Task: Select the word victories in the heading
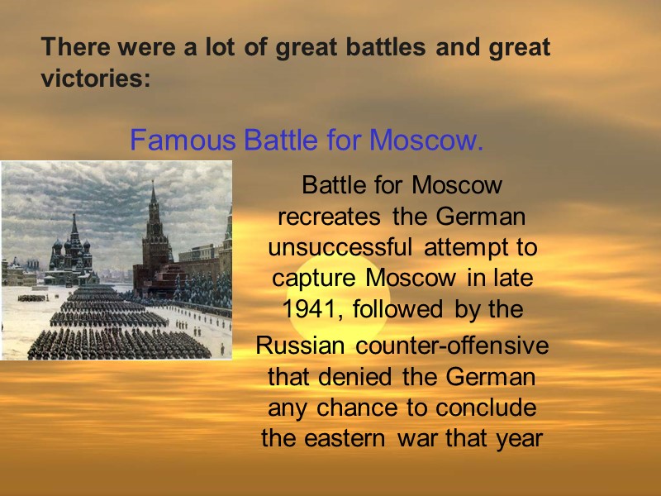click(93, 81)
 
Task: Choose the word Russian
click(292, 346)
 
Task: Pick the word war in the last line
click(417, 437)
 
